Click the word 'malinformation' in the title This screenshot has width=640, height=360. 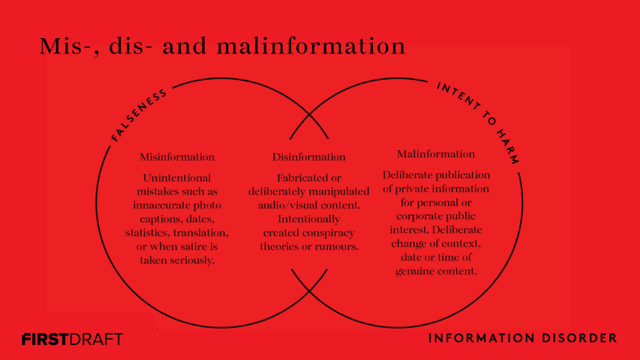click(311, 46)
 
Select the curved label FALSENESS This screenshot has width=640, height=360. click(138, 115)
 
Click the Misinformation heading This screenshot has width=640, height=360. click(177, 157)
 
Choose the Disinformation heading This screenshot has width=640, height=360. click(309, 157)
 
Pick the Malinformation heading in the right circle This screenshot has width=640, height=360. click(436, 154)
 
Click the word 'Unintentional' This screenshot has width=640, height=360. click(177, 178)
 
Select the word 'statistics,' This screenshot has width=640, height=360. click(148, 233)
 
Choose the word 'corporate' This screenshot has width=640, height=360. click(417, 217)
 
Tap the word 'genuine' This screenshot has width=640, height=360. click(413, 271)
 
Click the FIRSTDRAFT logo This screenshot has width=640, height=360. click(72, 340)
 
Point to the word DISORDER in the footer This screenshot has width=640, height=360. click(579, 338)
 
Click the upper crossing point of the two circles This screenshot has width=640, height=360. click(309, 115)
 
